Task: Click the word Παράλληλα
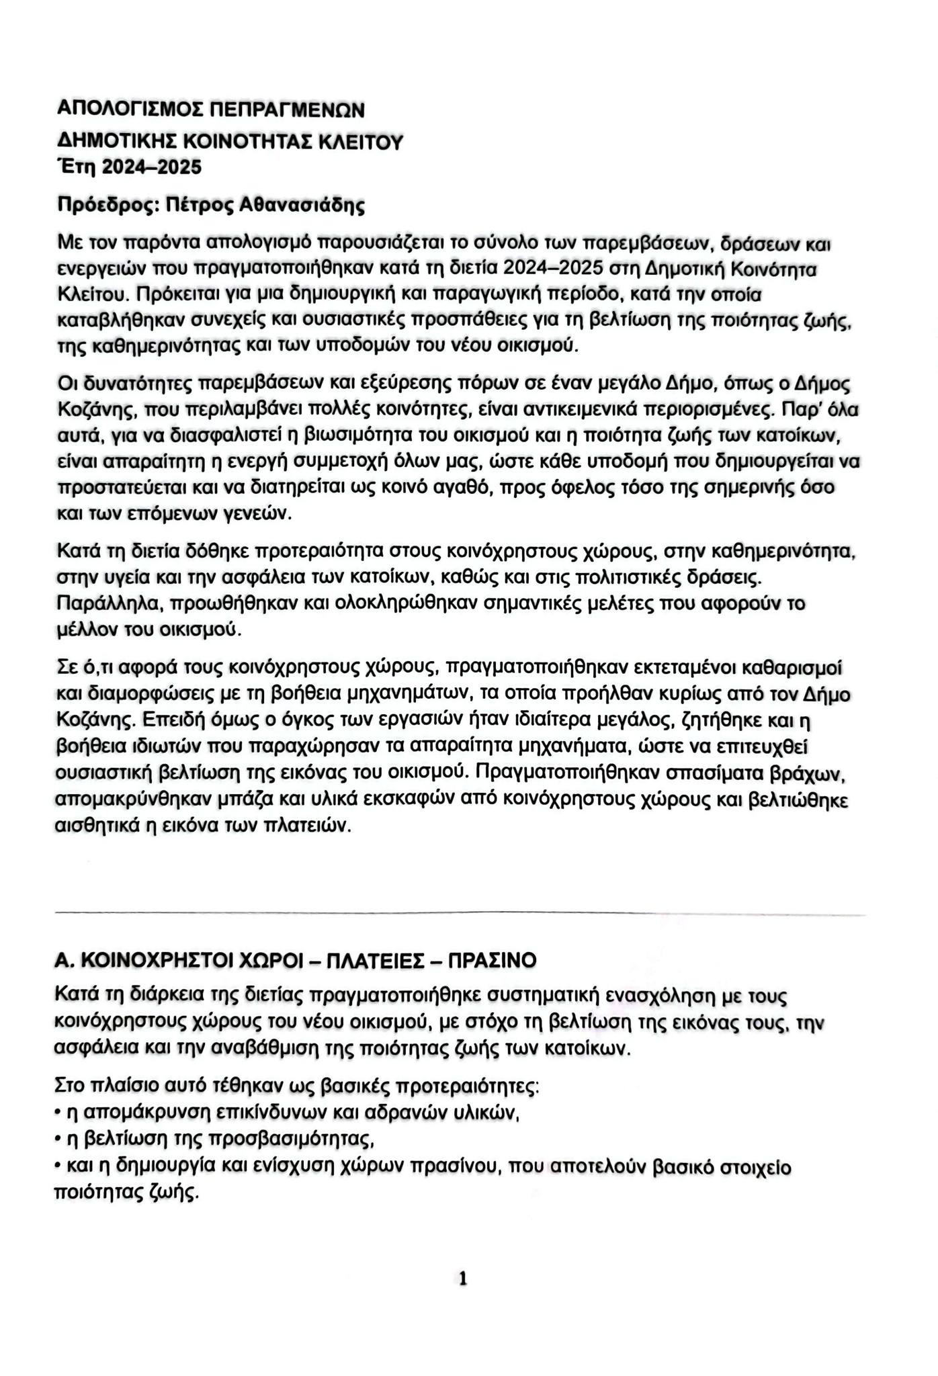(111, 603)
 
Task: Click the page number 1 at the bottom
(462, 1278)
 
